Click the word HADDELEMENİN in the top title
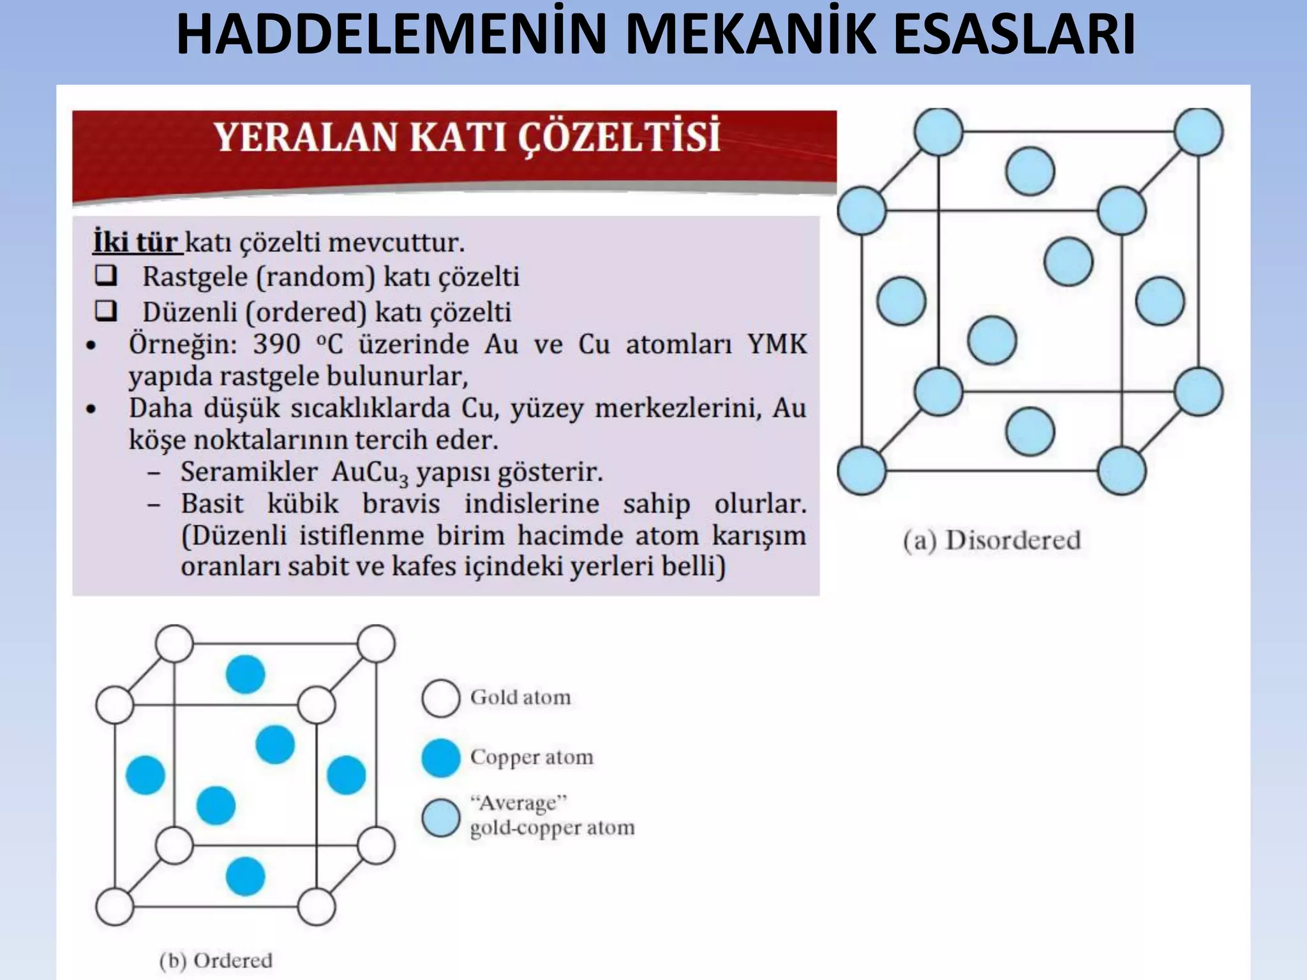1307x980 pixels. (x=391, y=35)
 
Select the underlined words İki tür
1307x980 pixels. (x=136, y=243)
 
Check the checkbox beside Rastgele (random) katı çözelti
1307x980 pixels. (x=106, y=276)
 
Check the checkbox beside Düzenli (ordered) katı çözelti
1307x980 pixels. (x=106, y=311)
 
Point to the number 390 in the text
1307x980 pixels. (x=276, y=344)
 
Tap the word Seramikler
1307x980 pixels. (x=249, y=472)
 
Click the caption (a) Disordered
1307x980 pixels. (x=992, y=540)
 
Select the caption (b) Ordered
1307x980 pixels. (x=216, y=960)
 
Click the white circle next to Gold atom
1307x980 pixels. (x=440, y=698)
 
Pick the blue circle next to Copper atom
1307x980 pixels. (x=440, y=758)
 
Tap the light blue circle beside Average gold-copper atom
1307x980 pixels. (x=440, y=818)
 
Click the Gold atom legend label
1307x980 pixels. (x=521, y=697)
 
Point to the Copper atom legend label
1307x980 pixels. (x=532, y=757)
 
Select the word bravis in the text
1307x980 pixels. (x=401, y=504)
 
